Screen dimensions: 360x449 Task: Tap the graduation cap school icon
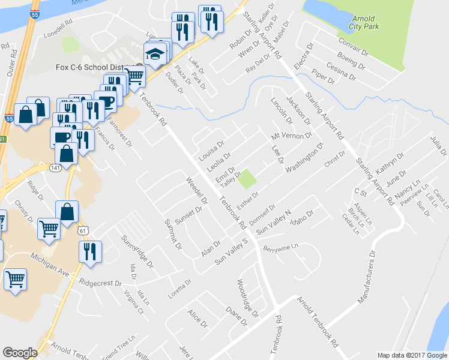pos(155,55)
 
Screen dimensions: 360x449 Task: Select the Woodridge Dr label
pos(247,298)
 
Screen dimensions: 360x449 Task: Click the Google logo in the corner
pos(20,353)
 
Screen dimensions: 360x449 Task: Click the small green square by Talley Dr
pos(247,178)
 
